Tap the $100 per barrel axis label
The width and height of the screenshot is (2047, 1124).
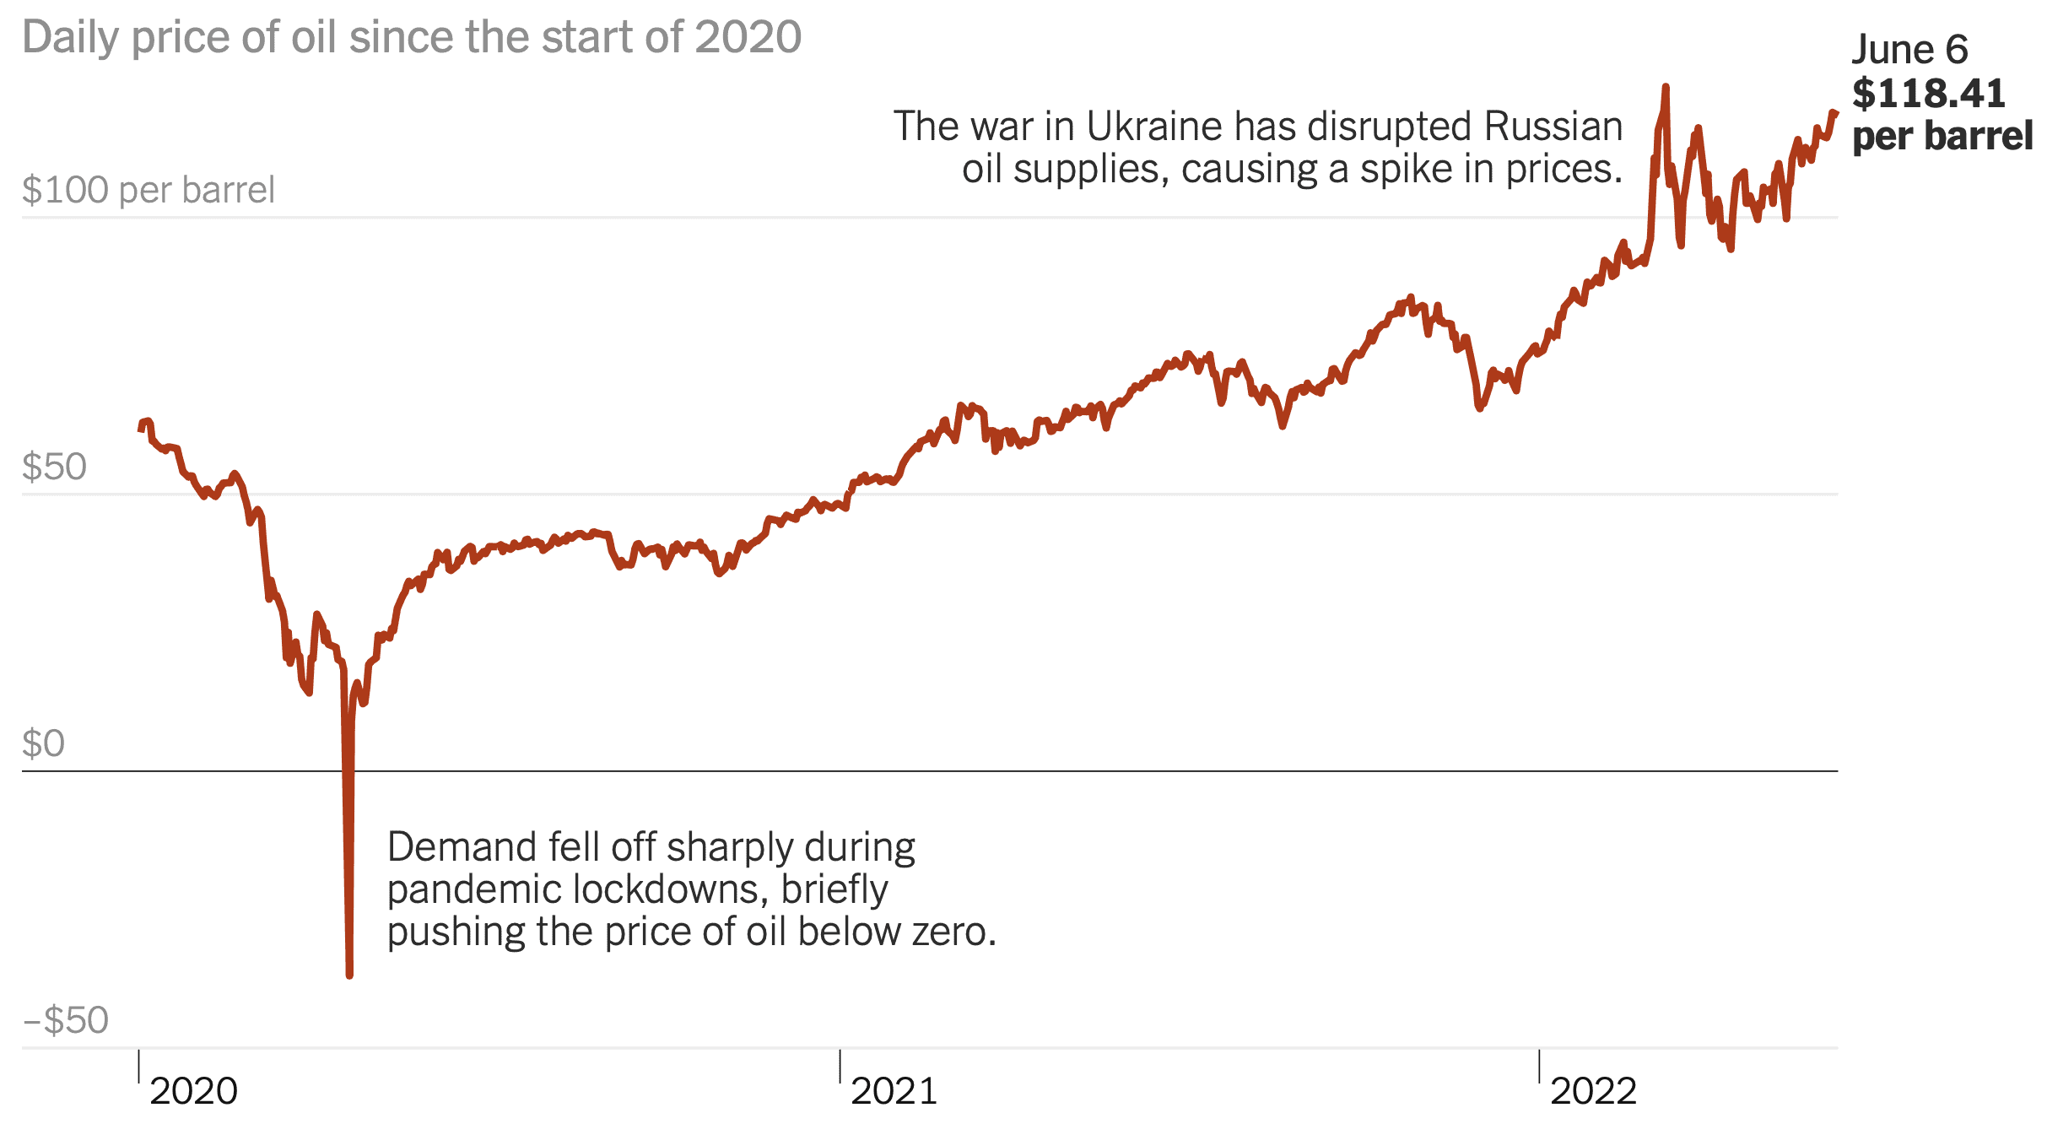[x=149, y=190]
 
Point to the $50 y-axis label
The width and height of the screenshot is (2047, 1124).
[x=54, y=467]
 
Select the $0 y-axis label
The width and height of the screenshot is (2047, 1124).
[x=43, y=743]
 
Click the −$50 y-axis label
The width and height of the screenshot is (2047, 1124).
[x=66, y=1020]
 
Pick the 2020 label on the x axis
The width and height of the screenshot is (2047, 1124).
[x=193, y=1091]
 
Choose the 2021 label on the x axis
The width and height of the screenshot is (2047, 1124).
[x=894, y=1091]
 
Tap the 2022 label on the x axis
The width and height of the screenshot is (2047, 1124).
[x=1593, y=1091]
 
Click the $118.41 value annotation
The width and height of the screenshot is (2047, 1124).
[x=1928, y=94]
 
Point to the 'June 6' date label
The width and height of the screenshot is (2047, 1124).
[x=1909, y=50]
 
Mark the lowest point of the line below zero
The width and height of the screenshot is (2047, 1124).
[x=349, y=975]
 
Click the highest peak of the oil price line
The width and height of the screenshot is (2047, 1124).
[x=1666, y=86]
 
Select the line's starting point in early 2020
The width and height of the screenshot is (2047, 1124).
[x=141, y=430]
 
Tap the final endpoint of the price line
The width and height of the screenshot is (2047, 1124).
[x=1835, y=113]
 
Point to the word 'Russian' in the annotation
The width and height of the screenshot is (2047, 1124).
[x=1553, y=127]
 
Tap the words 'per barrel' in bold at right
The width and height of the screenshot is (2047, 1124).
[x=1942, y=137]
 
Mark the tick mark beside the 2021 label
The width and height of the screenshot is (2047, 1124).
[x=840, y=1065]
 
